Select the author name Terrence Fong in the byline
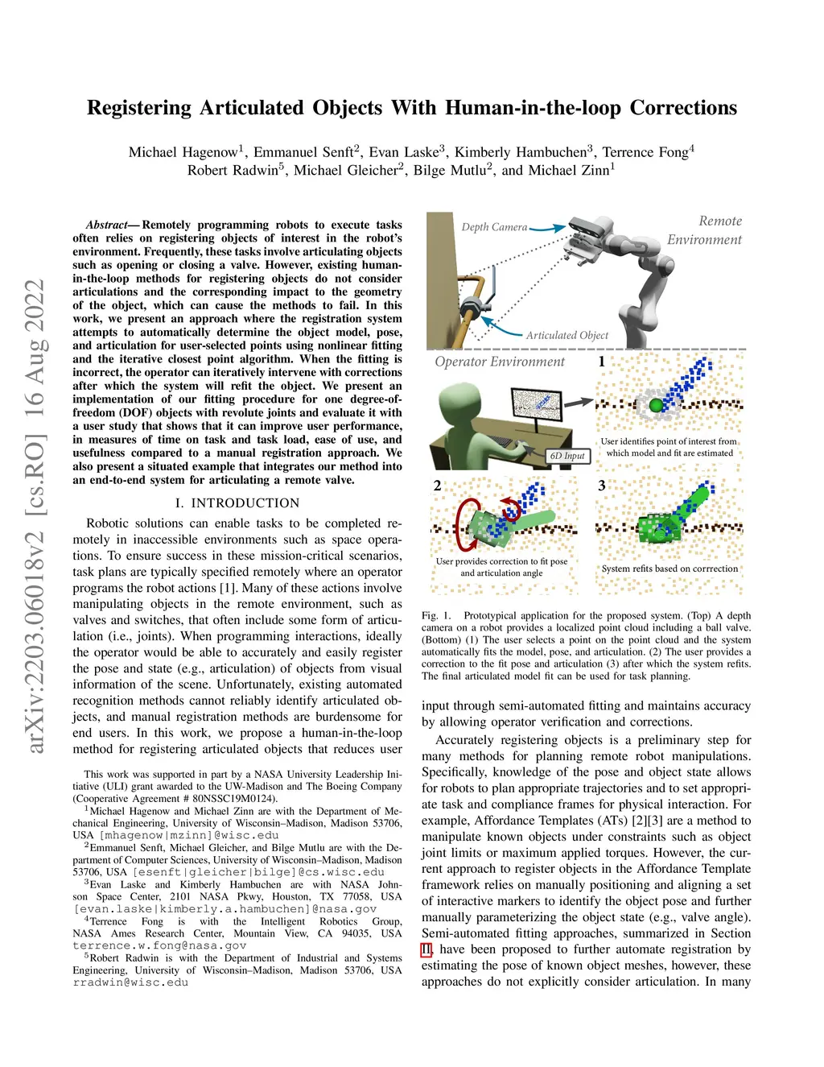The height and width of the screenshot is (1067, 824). point(645,152)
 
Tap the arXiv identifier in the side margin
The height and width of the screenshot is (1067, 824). point(35,515)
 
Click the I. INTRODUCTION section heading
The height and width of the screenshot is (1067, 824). point(237,503)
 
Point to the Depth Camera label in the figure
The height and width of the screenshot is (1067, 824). point(494,227)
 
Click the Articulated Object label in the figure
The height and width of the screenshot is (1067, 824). point(567,335)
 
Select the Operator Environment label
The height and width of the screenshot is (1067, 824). point(500,362)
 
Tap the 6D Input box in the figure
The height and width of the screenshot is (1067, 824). point(568,456)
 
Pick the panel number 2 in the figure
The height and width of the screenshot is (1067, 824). point(437,486)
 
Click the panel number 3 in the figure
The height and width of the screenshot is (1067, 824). point(601,486)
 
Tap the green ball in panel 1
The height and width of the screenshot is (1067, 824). point(657,405)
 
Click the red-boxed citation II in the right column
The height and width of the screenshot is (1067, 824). point(426,949)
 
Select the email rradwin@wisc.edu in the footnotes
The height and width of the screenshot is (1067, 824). point(130,982)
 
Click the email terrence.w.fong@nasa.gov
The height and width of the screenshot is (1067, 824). point(159,945)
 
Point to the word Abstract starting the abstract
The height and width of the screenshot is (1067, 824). point(107,225)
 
